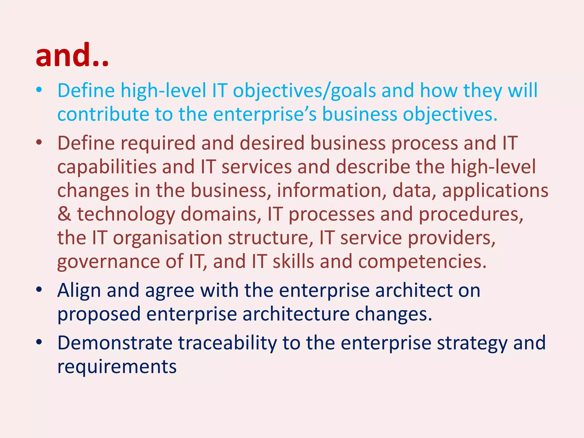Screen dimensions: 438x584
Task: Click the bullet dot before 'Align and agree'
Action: (x=39, y=290)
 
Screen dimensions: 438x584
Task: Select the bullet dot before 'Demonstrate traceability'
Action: (x=39, y=342)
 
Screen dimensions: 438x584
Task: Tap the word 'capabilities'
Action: (x=107, y=167)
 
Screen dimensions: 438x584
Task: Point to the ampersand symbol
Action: (x=64, y=214)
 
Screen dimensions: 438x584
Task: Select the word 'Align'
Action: (x=78, y=291)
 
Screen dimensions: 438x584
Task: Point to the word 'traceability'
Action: (x=228, y=343)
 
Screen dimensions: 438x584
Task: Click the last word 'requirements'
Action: (x=117, y=367)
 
